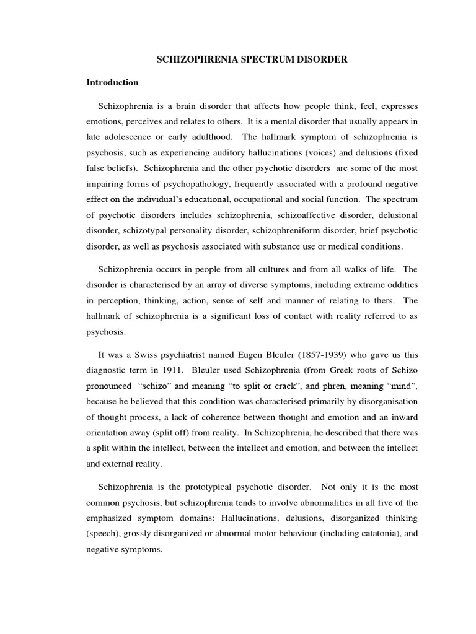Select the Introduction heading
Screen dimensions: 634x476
point(112,82)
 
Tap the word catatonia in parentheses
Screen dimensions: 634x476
point(375,532)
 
